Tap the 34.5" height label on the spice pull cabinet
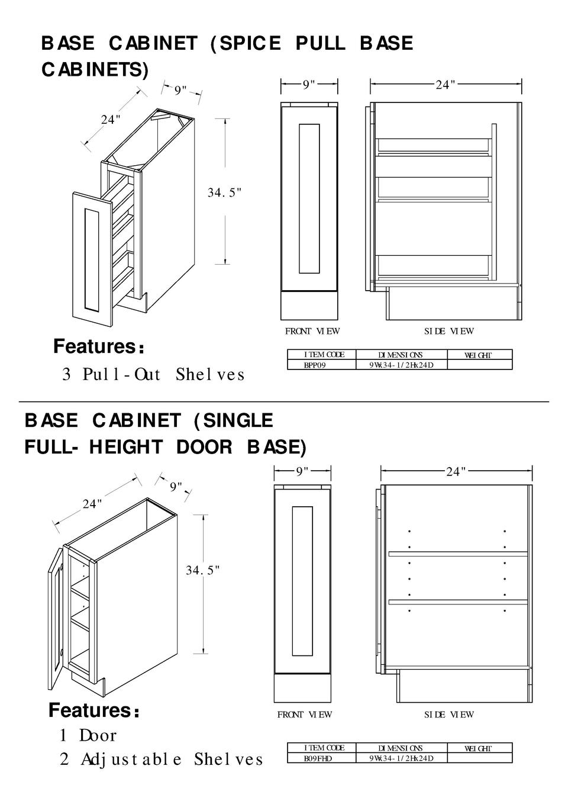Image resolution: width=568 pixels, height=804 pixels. coord(224,193)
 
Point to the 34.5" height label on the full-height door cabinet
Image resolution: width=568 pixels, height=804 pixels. coord(203,571)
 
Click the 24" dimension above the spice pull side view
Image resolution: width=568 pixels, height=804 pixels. coord(446,85)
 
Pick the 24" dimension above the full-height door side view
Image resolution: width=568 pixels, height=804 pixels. coord(456,472)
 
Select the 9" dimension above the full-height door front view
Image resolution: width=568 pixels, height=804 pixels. coord(302,472)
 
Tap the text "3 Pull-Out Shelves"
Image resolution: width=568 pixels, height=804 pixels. coord(153,375)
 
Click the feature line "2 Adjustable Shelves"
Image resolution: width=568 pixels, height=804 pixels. coord(161,760)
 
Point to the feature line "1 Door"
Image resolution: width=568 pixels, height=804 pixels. coord(88,736)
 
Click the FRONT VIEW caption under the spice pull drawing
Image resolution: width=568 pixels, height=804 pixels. coord(312,332)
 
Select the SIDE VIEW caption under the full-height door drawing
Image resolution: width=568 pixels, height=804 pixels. coord(448,715)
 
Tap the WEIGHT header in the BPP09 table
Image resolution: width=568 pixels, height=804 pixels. coord(478,356)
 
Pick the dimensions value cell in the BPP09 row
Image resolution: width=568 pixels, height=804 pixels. coord(401,365)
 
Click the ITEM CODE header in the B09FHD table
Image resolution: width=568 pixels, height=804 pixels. coord(324,748)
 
